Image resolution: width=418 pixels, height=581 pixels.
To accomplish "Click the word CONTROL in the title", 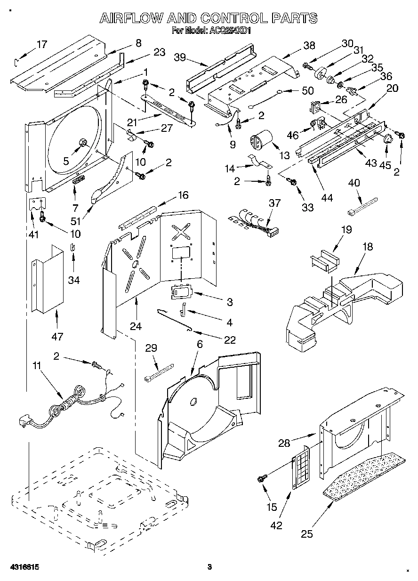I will click(233, 18).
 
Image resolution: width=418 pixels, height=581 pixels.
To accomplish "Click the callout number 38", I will click(309, 46).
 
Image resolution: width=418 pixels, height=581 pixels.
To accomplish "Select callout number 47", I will click(57, 337).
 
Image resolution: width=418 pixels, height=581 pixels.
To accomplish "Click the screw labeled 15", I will click(259, 479).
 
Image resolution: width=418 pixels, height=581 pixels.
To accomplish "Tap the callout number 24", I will click(135, 326).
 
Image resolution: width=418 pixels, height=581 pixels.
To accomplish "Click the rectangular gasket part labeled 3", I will click(182, 292).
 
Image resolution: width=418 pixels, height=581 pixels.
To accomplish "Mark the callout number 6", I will click(200, 345).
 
